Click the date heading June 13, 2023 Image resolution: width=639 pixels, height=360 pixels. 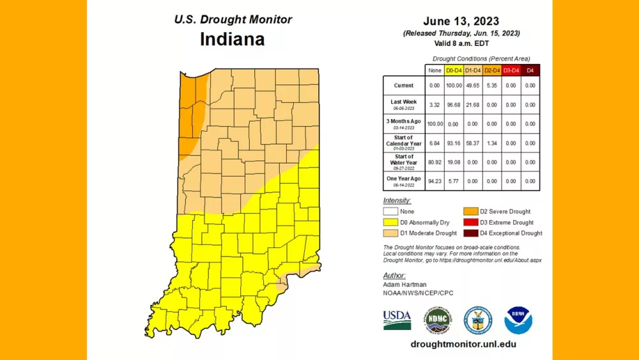point(461,21)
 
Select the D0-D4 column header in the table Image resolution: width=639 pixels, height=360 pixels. point(452,70)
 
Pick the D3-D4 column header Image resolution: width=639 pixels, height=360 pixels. point(511,70)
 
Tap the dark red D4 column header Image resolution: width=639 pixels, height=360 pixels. point(530,70)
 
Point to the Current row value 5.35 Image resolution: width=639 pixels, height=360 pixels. point(491,86)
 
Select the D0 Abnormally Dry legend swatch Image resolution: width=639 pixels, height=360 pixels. point(390,223)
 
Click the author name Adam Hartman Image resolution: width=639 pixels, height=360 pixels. point(404,283)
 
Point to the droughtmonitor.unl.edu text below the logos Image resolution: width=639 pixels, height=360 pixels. point(463,344)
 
